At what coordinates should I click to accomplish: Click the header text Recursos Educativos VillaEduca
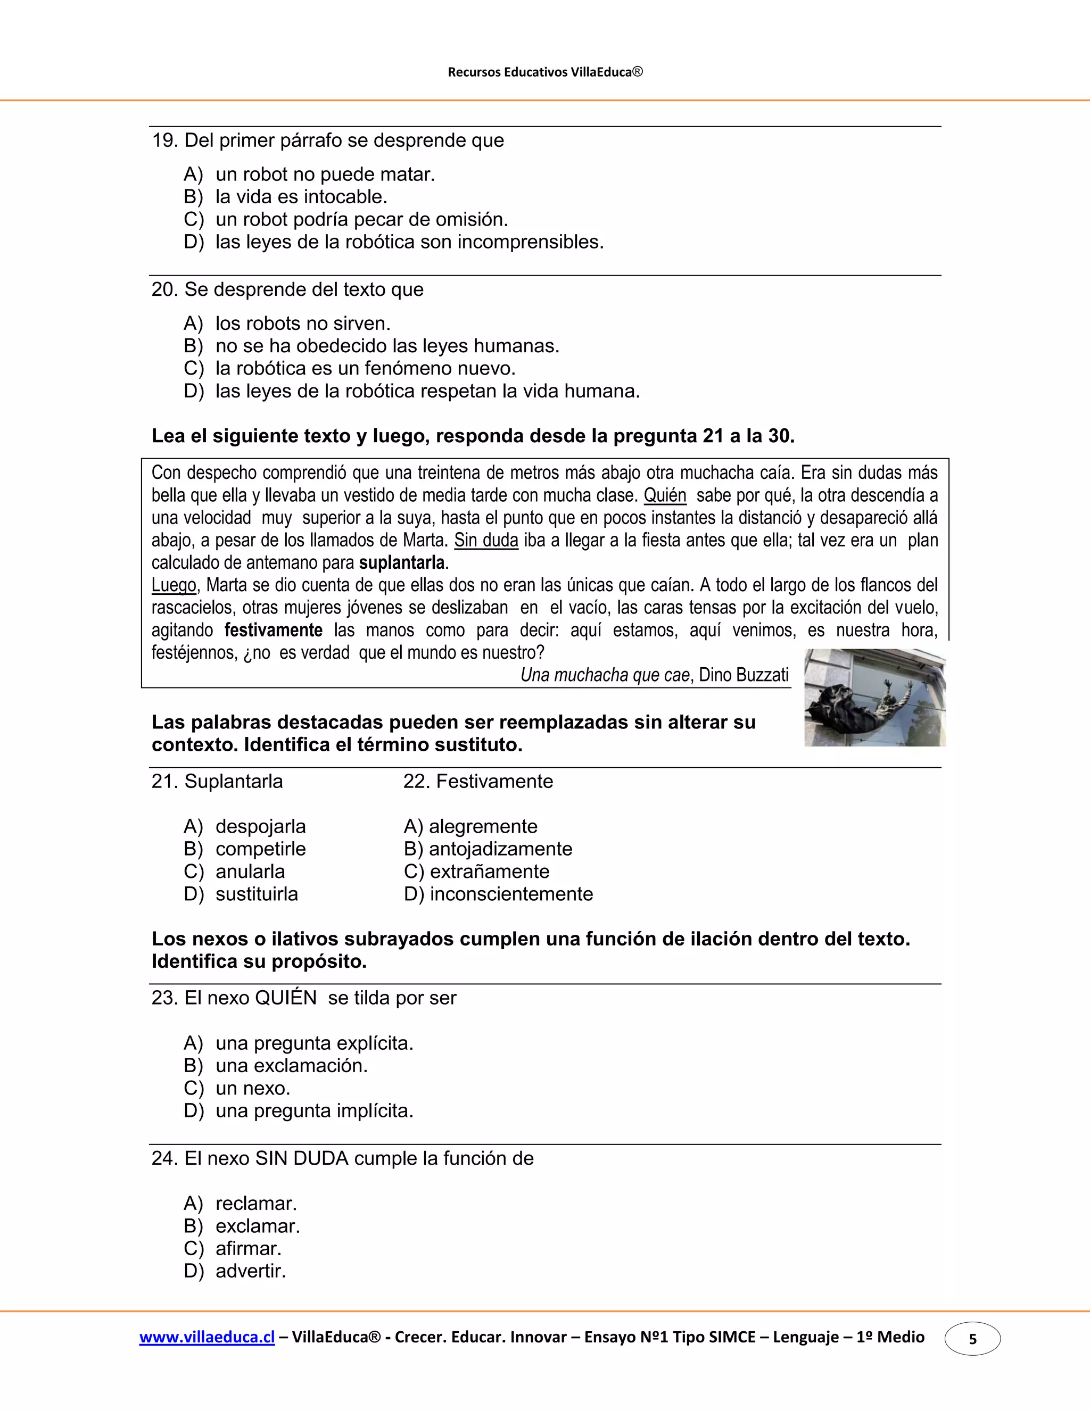tap(545, 72)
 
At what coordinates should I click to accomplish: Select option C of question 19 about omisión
tap(361, 220)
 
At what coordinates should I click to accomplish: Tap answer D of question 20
tap(427, 391)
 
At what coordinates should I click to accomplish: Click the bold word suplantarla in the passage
tap(402, 562)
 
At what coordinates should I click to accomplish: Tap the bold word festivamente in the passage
tap(273, 630)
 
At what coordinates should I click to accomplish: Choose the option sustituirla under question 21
tap(257, 894)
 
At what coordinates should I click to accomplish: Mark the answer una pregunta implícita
tap(314, 1111)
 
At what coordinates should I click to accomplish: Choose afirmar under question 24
tap(248, 1249)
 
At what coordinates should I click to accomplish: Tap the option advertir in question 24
tap(250, 1271)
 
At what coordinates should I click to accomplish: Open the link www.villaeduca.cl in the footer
tap(207, 1337)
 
